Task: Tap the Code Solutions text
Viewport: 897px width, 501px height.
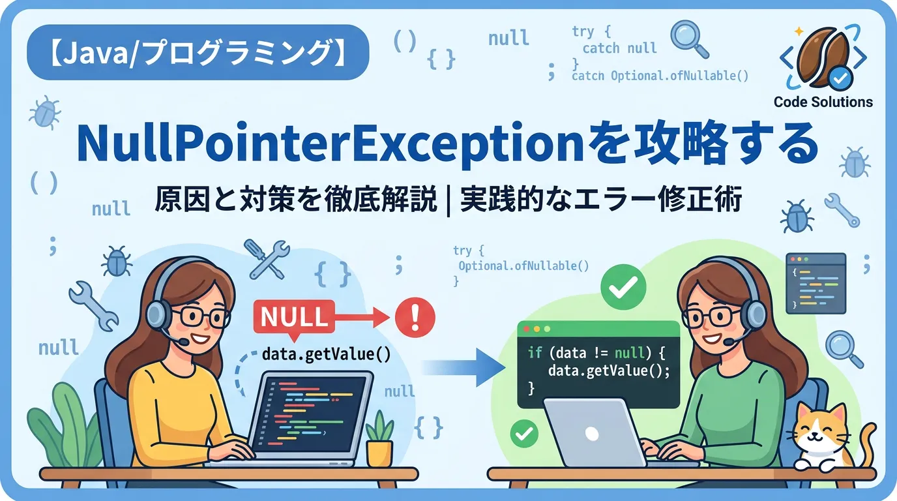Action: [823, 102]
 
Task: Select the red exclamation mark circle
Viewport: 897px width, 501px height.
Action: [415, 317]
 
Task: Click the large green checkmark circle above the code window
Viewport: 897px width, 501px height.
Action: [623, 287]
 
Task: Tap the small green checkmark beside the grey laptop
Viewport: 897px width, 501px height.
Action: [524, 433]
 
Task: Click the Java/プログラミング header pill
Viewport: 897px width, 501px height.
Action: [198, 52]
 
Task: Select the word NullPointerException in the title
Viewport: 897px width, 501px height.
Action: [331, 144]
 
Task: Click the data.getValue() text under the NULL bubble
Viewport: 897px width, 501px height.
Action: [326, 354]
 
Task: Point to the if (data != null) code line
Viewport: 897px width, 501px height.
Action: [596, 353]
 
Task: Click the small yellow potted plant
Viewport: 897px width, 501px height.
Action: [379, 440]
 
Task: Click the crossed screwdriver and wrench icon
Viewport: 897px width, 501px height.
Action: [267, 259]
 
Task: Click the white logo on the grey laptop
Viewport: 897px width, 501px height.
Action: [592, 433]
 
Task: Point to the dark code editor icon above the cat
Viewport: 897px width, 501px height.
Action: [816, 283]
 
